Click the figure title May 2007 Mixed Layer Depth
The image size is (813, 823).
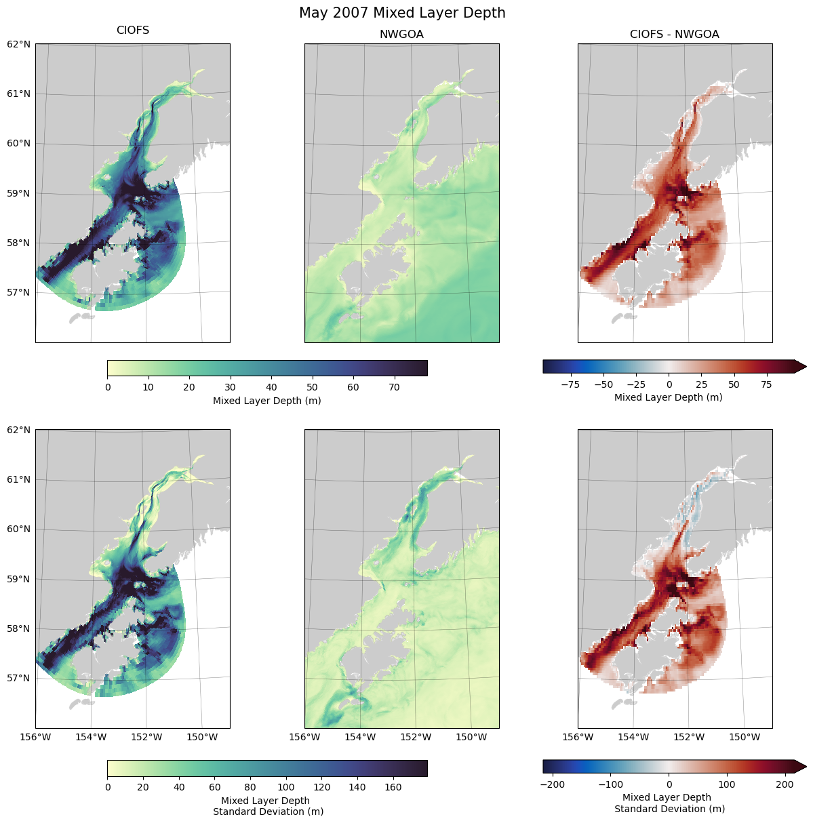coord(402,13)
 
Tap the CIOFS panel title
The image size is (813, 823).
coord(133,31)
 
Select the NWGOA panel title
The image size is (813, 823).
coord(401,34)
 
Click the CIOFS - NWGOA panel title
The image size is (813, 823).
coord(674,34)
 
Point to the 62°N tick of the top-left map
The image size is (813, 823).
coord(19,44)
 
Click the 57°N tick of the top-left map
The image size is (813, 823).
coord(19,292)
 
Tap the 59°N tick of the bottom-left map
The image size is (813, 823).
coord(19,579)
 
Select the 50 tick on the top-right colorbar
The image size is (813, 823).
coord(734,384)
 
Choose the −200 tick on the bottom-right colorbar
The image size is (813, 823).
coord(553,784)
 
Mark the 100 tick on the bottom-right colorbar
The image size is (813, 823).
coord(727,784)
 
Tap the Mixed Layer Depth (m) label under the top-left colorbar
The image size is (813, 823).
coord(267,401)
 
